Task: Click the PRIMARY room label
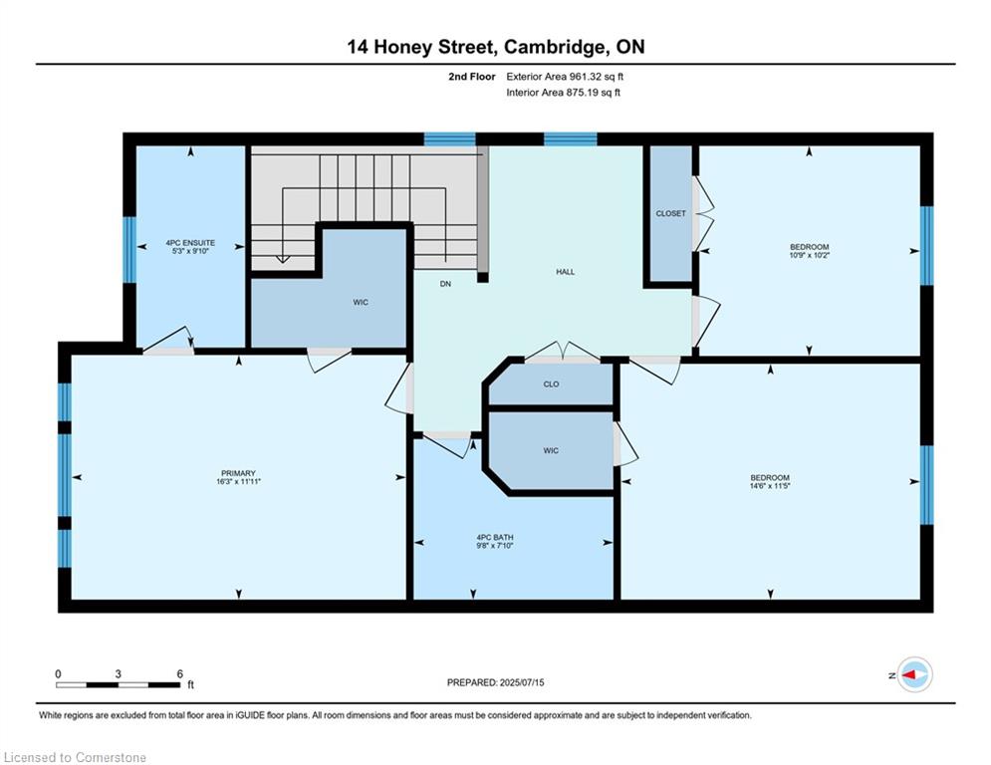pos(238,473)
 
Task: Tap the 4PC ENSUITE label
pos(190,243)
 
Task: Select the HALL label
pos(565,272)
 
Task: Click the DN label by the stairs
pos(445,284)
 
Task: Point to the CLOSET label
pos(670,214)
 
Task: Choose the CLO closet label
pos(551,384)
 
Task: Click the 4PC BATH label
pos(495,538)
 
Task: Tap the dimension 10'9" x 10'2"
pos(809,255)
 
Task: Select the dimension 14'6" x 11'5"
pos(770,486)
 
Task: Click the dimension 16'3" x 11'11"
pos(238,481)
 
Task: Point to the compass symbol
pos(914,674)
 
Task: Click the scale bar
pos(119,684)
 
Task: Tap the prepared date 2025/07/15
pos(522,682)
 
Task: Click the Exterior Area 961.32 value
pos(588,77)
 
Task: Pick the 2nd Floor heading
pos(471,77)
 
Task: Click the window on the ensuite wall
pos(129,250)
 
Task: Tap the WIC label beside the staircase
pos(361,302)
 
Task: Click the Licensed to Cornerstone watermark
pos(75,757)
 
